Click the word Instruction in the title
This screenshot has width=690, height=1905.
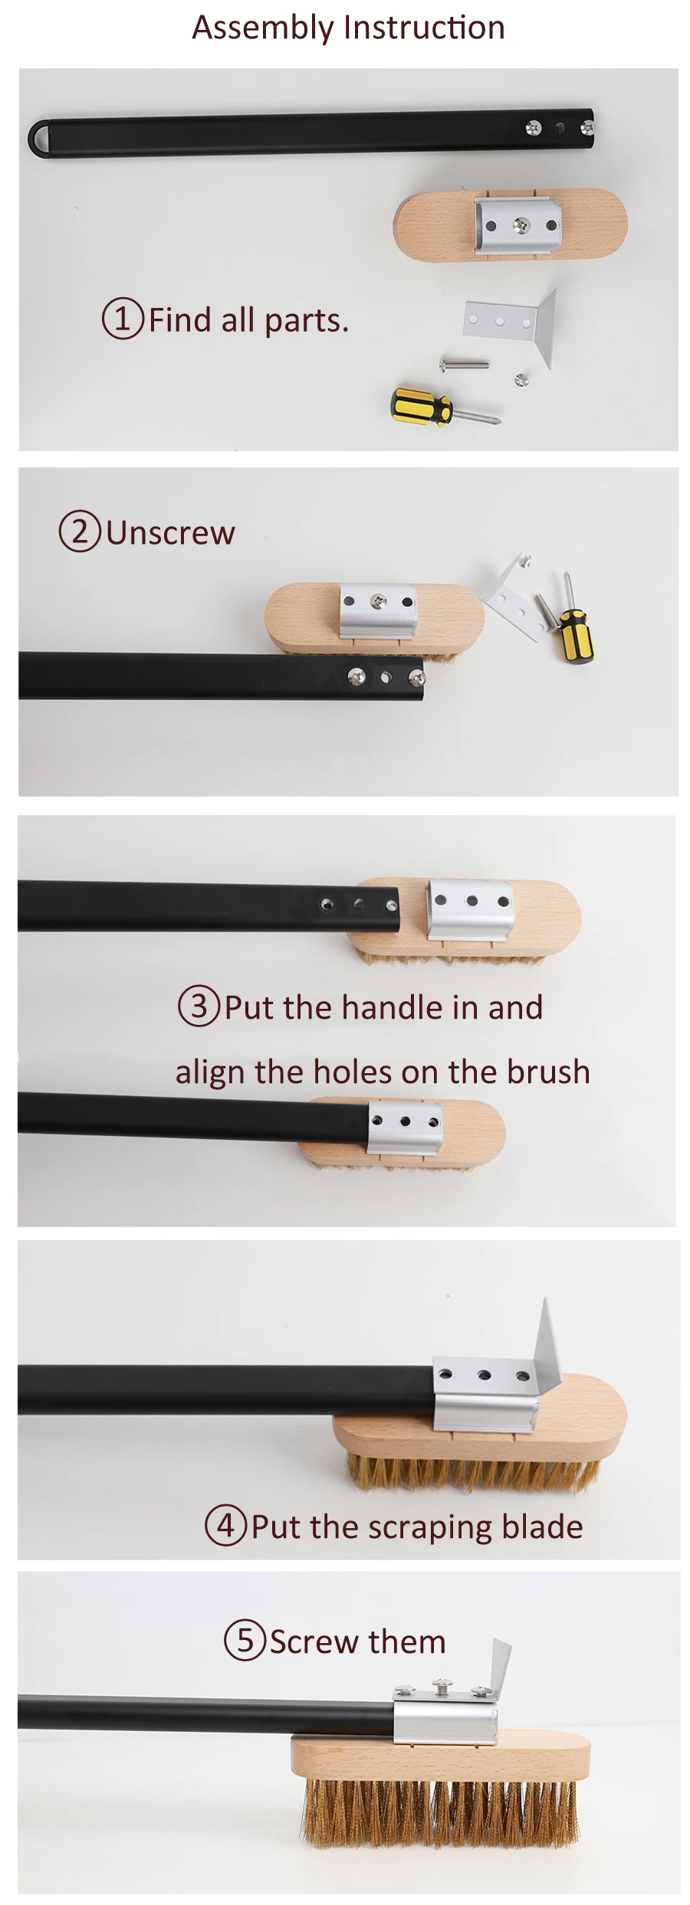click(x=424, y=28)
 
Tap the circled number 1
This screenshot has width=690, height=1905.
click(x=123, y=318)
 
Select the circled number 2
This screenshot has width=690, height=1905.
click(x=80, y=530)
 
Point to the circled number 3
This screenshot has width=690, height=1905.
click(x=199, y=1006)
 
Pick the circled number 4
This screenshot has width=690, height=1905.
click(x=225, y=1525)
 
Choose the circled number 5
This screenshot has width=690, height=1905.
click(x=245, y=1640)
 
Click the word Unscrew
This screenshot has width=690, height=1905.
click(x=170, y=532)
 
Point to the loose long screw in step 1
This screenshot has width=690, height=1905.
click(x=464, y=363)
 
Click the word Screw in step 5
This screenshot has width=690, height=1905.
click(x=315, y=1642)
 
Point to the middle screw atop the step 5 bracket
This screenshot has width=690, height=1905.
click(x=442, y=1685)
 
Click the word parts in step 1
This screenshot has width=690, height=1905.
click(x=306, y=320)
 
